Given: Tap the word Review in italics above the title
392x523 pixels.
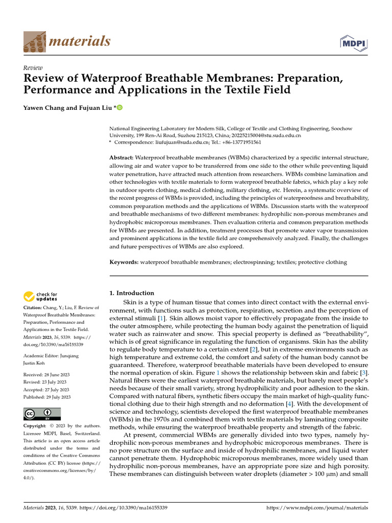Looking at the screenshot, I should pos(33,68).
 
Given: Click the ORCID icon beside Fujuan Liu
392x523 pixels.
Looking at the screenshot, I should pos(120,107).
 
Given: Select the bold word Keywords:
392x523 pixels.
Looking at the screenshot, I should pos(124,262).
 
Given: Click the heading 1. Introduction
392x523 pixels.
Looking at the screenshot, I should pos(132,293).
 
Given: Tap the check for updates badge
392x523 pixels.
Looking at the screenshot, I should pos(40,296).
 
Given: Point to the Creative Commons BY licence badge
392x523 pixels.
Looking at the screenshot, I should pos(42,414).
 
